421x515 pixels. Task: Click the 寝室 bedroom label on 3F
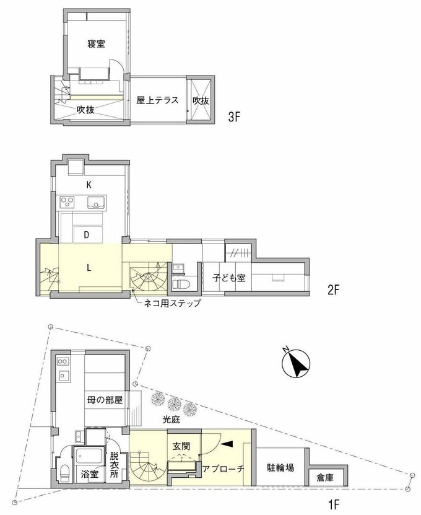[96, 43]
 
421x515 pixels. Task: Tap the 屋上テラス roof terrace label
[157, 100]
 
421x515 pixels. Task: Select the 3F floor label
[234, 117]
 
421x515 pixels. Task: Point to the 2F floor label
[333, 290]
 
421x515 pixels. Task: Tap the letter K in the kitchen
[89, 185]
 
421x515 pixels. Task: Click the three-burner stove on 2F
[67, 201]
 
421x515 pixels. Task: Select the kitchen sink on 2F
[96, 202]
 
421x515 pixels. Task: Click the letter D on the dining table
[87, 234]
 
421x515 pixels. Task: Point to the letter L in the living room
[89, 268]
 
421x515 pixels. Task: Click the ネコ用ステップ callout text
[172, 303]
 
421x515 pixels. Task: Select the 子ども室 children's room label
[228, 278]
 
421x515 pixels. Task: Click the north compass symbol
[297, 363]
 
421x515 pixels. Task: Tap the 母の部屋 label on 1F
[105, 400]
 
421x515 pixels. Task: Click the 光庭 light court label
[171, 420]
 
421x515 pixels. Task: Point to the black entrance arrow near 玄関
[227, 444]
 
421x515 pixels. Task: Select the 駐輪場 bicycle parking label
[280, 467]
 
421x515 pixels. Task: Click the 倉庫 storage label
[325, 477]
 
